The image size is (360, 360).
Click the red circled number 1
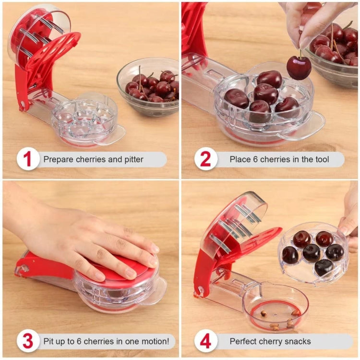[28, 159]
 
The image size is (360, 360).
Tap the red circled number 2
[205, 159]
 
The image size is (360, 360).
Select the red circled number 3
[28, 341]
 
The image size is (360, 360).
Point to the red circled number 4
[205, 341]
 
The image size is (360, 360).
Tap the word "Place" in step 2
[240, 159]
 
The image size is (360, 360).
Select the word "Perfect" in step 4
[244, 341]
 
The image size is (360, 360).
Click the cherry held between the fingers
[299, 67]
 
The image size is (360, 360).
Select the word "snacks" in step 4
[297, 341]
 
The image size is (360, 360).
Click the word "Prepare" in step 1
[58, 159]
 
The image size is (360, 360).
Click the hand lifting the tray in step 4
[349, 221]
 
